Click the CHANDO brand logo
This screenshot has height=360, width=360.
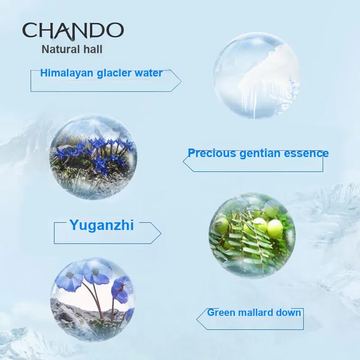(73, 31)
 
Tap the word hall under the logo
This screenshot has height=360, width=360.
(93, 49)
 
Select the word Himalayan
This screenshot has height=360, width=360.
(67, 73)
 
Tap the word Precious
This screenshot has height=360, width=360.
(211, 153)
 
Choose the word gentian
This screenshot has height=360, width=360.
(260, 153)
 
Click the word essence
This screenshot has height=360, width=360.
(306, 153)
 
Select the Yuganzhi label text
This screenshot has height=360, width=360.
(102, 225)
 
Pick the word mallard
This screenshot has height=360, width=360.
(255, 313)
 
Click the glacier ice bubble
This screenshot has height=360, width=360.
(256, 76)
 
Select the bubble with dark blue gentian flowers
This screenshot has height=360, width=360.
(93, 157)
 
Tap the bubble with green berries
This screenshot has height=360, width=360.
(252, 235)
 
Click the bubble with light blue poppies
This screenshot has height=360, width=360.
(93, 299)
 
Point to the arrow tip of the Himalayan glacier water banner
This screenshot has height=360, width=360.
(181, 81)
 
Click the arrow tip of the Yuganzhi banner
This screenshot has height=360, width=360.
(161, 234)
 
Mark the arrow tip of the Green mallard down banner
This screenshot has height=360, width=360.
(197, 319)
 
